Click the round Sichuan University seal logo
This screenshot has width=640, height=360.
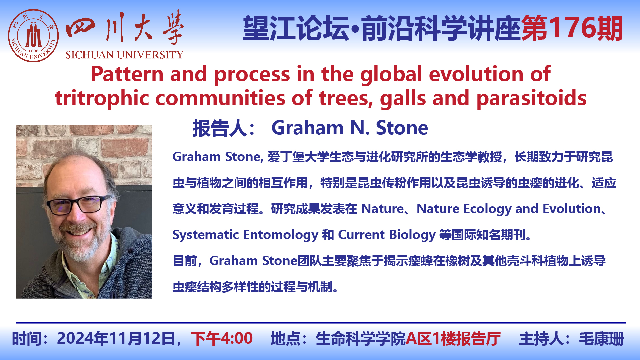33,36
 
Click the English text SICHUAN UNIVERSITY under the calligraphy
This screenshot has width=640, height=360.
124,55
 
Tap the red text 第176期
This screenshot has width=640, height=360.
572,28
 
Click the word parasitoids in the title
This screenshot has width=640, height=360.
532,98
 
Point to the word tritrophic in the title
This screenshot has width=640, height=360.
102,98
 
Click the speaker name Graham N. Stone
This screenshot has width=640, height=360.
350,128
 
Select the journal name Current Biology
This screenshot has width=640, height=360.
387,235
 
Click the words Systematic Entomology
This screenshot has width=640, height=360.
245,235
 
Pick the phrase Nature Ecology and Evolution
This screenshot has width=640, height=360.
509,209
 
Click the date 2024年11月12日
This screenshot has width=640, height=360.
116,338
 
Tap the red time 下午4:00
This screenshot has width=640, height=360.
222,338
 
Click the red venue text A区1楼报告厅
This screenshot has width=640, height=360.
453,338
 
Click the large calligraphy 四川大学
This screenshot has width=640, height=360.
124,28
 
